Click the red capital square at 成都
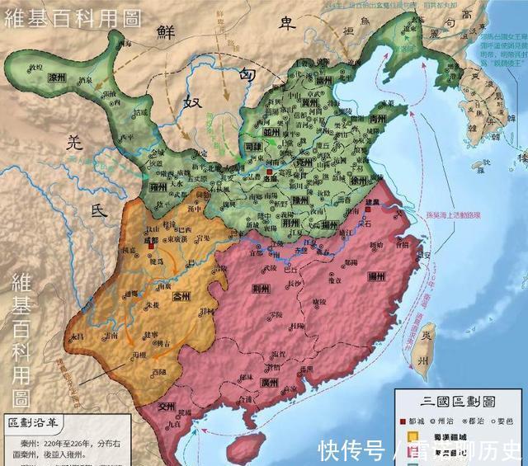point(152,244)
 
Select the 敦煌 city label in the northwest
point(34,66)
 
